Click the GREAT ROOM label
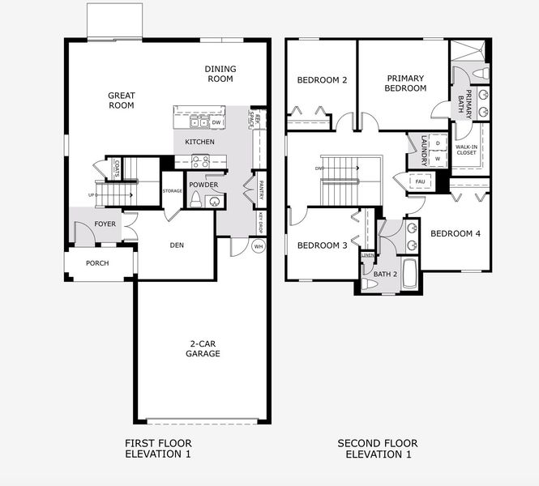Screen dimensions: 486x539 122,100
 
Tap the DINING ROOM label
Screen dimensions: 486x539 219,74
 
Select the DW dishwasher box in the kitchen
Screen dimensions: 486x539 216,122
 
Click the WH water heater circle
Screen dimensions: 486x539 259,246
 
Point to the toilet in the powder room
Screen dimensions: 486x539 195,199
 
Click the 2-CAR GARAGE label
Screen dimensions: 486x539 203,348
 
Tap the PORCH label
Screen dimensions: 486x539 97,263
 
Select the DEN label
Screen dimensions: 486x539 178,245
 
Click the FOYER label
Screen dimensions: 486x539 105,224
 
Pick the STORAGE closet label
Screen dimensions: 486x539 172,191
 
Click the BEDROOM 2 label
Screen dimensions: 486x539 322,80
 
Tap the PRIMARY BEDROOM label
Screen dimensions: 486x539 405,83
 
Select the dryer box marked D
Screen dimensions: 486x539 438,143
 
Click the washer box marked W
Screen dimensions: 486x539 438,159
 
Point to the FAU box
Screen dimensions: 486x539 420,181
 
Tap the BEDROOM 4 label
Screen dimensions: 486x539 456,234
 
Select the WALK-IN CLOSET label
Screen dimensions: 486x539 466,149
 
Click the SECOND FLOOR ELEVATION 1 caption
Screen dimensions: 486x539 378,449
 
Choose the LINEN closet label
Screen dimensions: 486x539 368,256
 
